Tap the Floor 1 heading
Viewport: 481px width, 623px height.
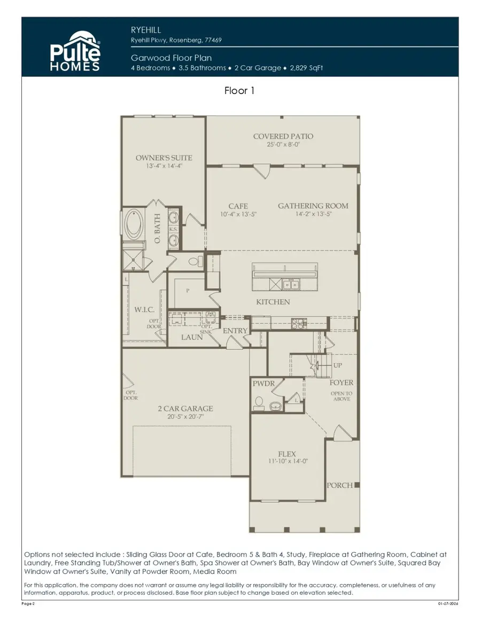coord(239,91)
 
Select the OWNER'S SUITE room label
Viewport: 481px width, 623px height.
coord(164,158)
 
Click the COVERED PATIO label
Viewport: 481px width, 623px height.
coord(283,137)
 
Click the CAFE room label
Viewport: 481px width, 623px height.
coord(238,206)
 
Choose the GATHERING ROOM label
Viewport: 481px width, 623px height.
coord(313,206)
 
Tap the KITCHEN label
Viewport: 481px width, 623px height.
coord(273,302)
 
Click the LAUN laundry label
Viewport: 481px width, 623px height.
coord(191,337)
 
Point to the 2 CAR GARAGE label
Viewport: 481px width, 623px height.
coord(185,409)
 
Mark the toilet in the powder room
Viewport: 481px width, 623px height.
coord(259,401)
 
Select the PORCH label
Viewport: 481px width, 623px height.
coord(340,485)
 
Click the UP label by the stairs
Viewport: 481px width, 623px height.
coord(338,367)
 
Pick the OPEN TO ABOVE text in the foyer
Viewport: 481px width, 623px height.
coord(342,396)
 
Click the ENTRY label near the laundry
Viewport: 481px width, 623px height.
coord(235,331)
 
